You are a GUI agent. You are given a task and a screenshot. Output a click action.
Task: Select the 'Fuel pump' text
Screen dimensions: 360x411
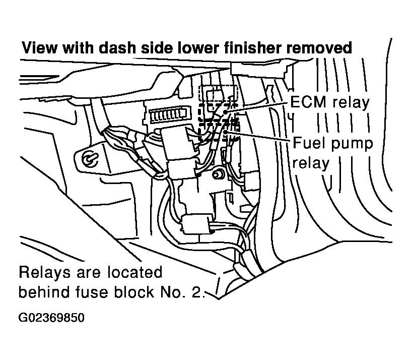coord(333,143)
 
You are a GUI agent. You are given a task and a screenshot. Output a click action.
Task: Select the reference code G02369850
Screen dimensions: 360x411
coord(51,318)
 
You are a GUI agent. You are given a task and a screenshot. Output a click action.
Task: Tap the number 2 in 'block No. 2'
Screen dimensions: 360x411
coord(197,292)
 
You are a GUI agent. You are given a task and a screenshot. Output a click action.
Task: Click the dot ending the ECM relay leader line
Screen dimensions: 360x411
coord(226,111)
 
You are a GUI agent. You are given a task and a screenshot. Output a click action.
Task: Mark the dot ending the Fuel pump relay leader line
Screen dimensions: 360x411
coord(226,132)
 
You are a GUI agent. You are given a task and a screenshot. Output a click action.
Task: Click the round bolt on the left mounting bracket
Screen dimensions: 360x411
coord(90,158)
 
